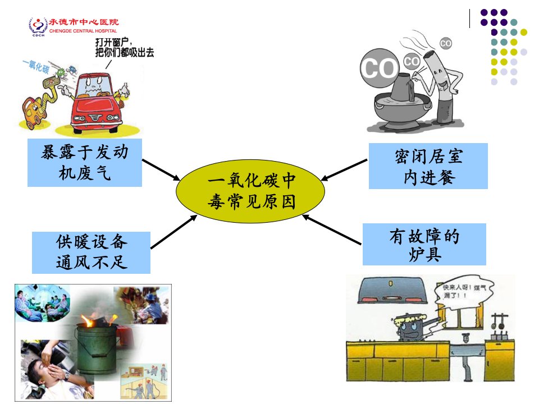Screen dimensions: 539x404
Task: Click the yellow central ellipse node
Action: [250, 191]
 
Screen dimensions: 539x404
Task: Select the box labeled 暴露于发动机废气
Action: [85, 163]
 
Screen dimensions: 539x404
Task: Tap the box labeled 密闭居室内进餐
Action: [428, 166]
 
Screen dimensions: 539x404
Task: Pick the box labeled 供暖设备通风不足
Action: [91, 252]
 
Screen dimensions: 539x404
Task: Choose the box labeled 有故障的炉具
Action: [424, 244]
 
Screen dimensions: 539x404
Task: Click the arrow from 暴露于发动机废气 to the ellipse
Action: [161, 169]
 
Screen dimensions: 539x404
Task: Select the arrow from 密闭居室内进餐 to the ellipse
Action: [344, 170]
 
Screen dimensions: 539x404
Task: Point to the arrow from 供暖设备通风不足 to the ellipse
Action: [174, 232]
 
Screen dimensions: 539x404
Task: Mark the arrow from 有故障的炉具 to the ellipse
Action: [332, 230]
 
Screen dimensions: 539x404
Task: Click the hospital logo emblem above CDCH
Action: [38, 25]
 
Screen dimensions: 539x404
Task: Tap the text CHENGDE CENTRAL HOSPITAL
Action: [83, 31]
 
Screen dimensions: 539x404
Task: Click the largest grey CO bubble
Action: [379, 68]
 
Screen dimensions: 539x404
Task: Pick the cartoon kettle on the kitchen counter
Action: [412, 328]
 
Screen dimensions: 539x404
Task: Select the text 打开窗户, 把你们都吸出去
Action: [125, 47]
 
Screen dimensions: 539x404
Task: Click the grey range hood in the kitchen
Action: [392, 290]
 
